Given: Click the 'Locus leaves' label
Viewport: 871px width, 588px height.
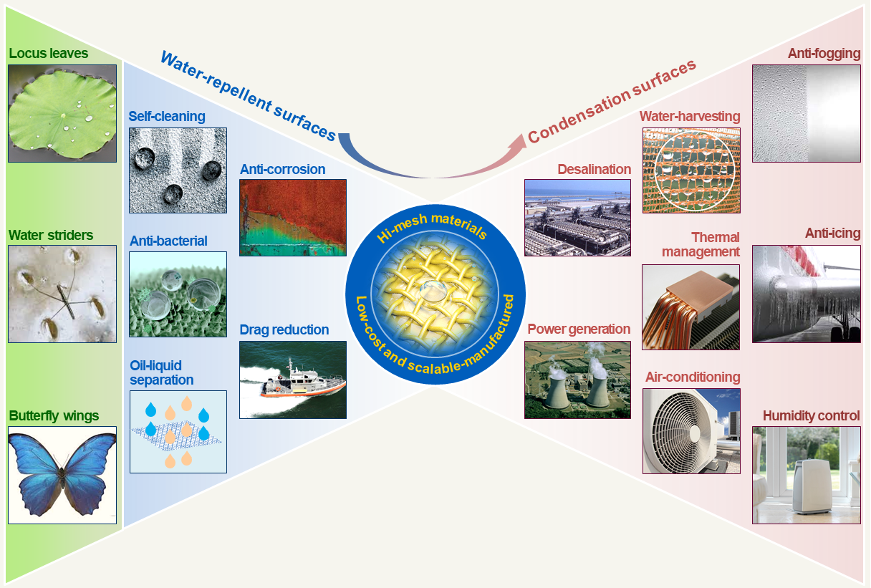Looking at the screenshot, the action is [49, 53].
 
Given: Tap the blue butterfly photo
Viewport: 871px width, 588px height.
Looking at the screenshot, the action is [62, 475].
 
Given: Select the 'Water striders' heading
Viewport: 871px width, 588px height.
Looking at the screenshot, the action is [51, 236].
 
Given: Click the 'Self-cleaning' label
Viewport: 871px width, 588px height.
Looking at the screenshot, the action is [167, 116].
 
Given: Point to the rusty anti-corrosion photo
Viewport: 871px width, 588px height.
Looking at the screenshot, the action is [293, 218].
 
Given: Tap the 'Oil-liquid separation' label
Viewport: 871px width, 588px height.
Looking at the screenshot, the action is [162, 372].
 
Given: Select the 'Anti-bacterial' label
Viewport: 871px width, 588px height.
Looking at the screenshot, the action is [168, 241].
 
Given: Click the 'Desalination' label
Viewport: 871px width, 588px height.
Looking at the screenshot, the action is [594, 169].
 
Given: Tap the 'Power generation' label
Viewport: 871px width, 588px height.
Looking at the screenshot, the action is [579, 329].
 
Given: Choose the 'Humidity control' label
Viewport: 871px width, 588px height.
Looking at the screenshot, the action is [811, 415].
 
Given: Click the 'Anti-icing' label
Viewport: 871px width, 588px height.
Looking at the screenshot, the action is [832, 233].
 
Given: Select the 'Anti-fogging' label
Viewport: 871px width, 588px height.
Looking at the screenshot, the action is [824, 53].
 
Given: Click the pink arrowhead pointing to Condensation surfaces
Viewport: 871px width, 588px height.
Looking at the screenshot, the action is [519, 142].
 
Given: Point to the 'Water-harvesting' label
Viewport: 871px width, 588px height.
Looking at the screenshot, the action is [690, 116].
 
